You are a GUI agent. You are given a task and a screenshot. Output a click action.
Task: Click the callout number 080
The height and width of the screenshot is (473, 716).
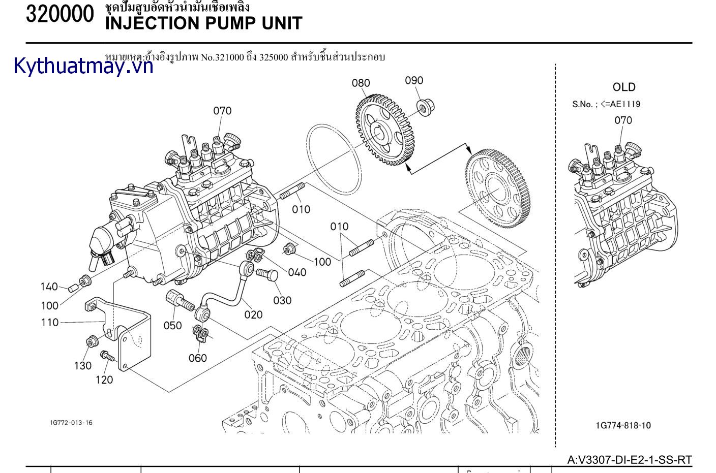pos(361,83)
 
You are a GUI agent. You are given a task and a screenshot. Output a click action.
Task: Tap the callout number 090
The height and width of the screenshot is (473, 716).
pos(414,80)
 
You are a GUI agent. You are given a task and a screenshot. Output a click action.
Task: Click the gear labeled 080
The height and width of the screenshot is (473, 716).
pos(384,131)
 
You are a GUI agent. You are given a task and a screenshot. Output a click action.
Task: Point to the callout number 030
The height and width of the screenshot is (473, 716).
pos(282,300)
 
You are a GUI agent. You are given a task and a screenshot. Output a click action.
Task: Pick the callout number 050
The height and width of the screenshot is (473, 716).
pos(172,325)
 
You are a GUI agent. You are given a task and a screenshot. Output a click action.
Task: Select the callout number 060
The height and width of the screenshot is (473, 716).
pos(198,358)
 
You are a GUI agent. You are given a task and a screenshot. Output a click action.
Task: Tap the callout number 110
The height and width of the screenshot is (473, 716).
pos(50,322)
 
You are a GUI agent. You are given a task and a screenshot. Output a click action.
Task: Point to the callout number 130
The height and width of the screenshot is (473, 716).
pos(83,365)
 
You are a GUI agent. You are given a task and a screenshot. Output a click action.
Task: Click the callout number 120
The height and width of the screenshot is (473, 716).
pos(104,380)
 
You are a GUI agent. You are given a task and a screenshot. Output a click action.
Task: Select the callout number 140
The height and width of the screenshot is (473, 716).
pos(49,287)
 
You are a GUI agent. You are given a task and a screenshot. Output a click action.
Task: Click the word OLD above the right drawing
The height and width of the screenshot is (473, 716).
pos(624,87)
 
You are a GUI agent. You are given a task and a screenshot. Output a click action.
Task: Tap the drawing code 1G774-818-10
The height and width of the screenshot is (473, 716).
pos(623,425)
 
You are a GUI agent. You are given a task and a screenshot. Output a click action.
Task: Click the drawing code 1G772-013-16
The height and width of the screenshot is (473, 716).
pos(71,423)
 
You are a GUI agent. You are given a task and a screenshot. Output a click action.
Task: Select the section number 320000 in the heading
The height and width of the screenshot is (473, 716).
pos(60,14)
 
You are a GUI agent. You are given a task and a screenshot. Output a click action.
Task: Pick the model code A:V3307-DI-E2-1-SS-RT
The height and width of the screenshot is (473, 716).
pos(630,460)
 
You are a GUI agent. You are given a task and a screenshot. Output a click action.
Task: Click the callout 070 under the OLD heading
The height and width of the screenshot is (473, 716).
pos(623,120)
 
